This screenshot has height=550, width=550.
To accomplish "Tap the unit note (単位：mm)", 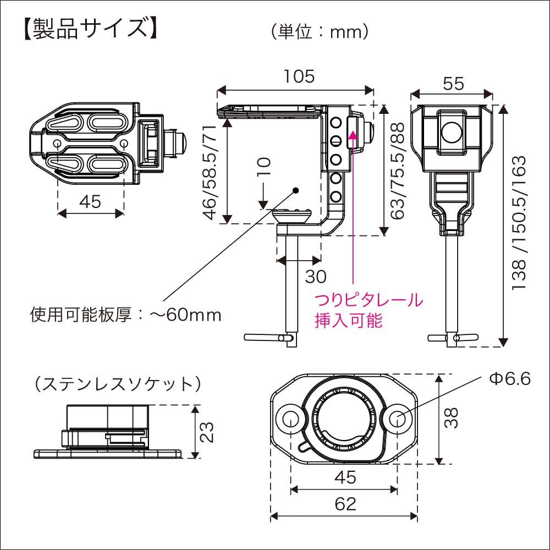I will (x=319, y=32).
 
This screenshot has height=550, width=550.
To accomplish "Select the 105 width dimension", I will (x=299, y=76).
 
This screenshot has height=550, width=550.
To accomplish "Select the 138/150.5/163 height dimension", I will (x=519, y=223).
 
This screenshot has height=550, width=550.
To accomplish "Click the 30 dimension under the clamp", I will (x=316, y=276).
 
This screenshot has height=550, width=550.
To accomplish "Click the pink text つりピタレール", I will (x=369, y=300).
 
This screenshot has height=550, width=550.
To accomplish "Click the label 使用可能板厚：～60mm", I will (x=125, y=315).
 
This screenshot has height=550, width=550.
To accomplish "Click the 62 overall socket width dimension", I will (x=344, y=503).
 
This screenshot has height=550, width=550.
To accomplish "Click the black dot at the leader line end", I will (x=295, y=190).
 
